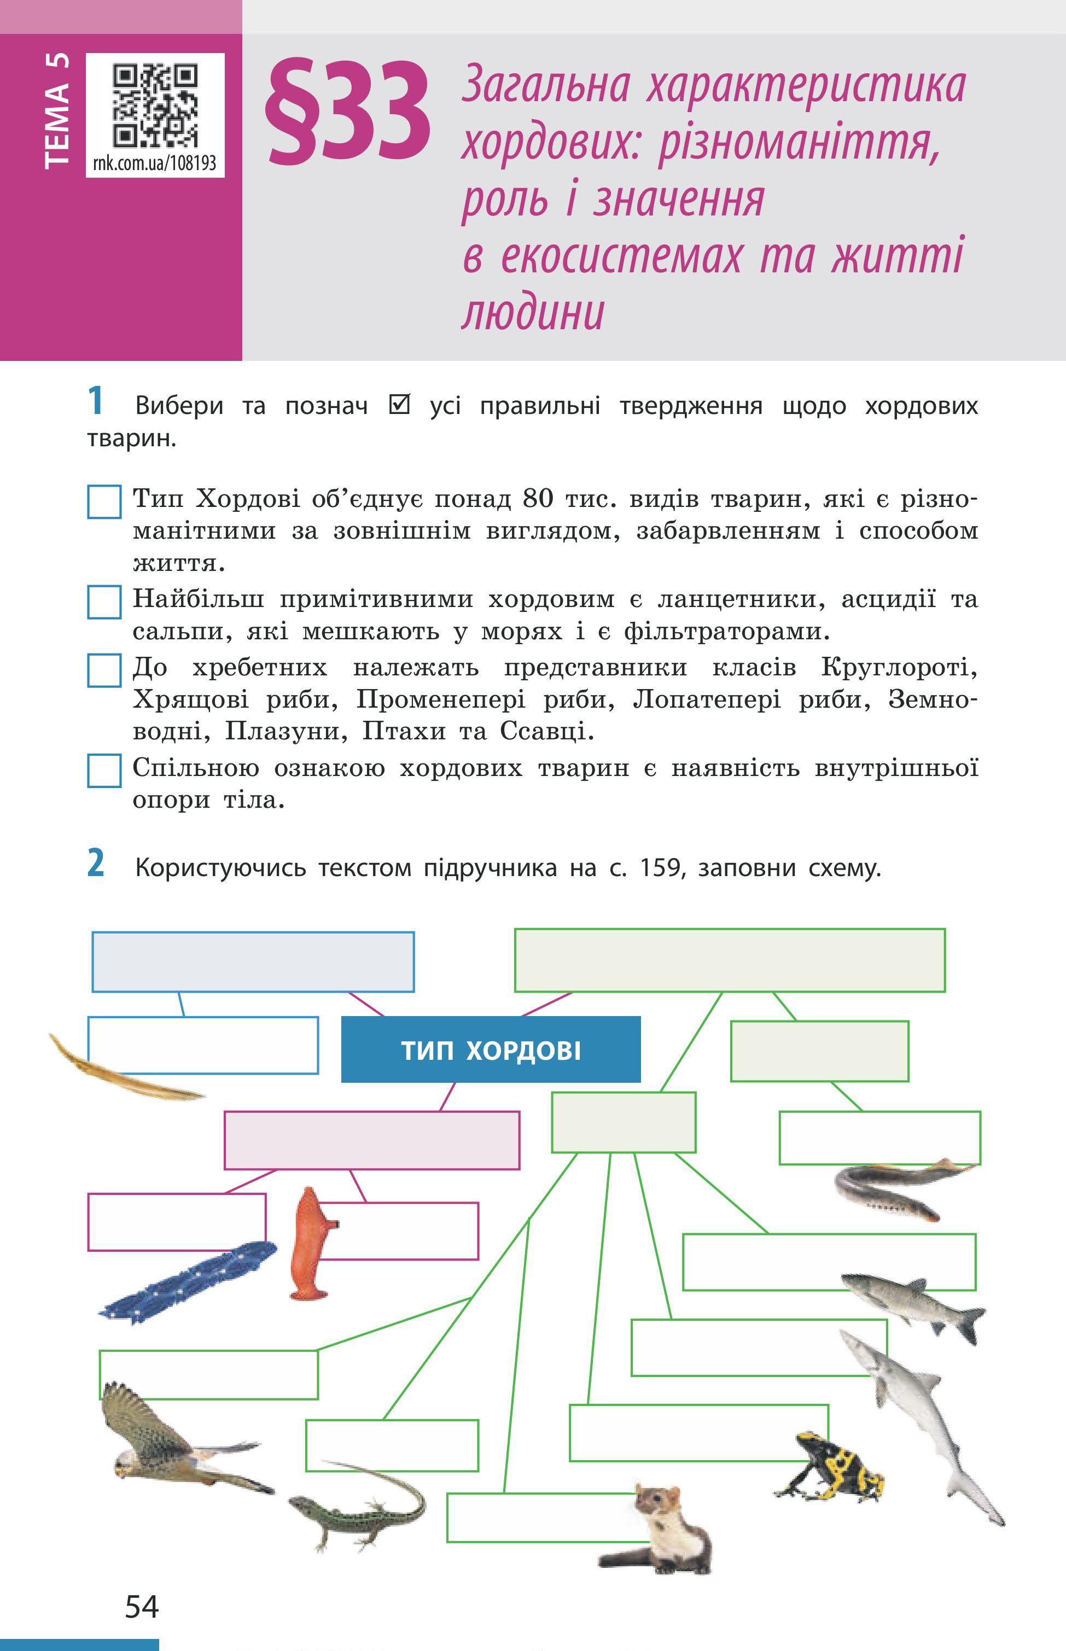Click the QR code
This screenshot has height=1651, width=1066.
(155, 104)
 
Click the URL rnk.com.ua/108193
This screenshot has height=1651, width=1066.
(154, 164)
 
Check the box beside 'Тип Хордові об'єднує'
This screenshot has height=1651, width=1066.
(104, 501)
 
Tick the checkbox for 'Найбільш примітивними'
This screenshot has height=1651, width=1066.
(104, 602)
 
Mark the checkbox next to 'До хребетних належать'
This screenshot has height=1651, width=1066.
(104, 670)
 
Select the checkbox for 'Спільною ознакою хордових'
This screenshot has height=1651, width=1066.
(104, 770)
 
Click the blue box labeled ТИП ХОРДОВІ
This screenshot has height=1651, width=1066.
(491, 1049)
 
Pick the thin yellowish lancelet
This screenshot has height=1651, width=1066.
(125, 1069)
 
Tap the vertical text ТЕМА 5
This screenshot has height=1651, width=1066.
(57, 110)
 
